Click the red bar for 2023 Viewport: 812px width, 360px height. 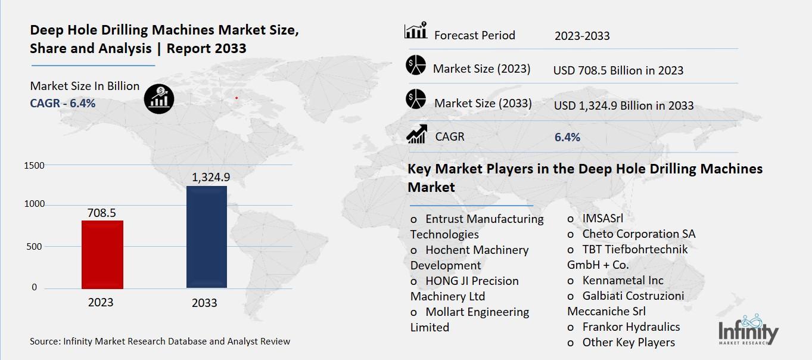click(103, 255)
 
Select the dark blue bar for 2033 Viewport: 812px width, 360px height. click(206, 237)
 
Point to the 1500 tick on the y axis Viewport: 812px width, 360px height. click(34, 165)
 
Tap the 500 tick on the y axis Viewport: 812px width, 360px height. click(34, 247)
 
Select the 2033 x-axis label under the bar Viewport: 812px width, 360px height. click(204, 303)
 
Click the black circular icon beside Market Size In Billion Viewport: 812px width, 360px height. click(159, 98)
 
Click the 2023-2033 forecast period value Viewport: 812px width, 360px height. click(582, 36)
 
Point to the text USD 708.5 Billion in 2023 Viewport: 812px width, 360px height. click(618, 70)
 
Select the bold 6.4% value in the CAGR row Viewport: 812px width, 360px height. click(567, 137)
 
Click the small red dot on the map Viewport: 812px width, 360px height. click(237, 98)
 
